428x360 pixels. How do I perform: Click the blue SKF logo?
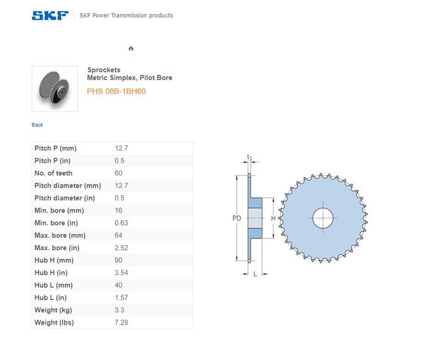click(50, 15)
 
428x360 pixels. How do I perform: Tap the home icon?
click(131, 48)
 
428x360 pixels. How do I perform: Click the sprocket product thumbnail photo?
click(54, 89)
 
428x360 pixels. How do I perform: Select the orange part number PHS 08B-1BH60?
click(116, 91)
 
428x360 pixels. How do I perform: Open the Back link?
click(37, 125)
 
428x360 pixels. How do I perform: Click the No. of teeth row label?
click(54, 173)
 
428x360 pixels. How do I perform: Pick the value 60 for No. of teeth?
click(119, 173)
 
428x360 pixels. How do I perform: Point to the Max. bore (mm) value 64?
click(119, 235)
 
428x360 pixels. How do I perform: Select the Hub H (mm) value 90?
click(119, 260)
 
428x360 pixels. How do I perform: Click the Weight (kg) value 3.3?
click(120, 310)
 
